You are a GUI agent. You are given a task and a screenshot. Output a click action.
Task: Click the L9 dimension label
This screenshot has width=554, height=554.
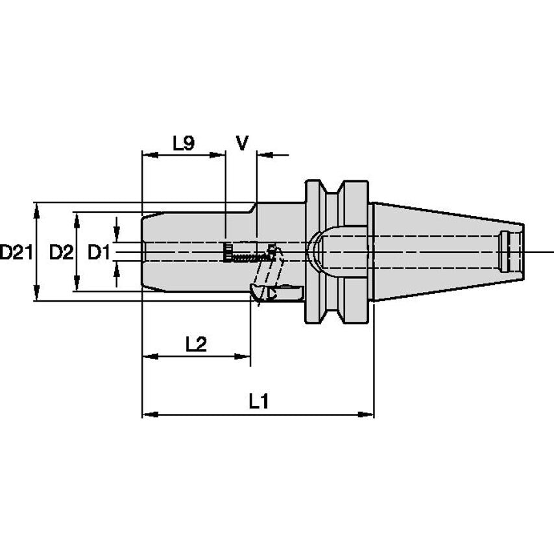click(184, 143)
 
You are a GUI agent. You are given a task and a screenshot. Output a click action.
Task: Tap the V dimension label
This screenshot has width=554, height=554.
click(241, 143)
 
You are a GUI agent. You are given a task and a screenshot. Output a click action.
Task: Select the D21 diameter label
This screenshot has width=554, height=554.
click(15, 252)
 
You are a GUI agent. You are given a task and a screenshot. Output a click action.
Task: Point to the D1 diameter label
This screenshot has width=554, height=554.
click(99, 252)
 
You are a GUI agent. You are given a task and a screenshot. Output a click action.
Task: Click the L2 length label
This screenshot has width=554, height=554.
click(196, 344)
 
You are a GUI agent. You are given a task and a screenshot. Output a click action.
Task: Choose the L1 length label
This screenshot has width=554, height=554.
click(259, 402)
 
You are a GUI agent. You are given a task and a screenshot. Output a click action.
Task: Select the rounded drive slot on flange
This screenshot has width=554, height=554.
click(315, 251)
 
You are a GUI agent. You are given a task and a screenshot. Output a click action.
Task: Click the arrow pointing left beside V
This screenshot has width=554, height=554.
click(263, 155)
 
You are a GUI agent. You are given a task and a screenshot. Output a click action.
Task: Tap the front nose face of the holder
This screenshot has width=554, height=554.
click(143, 252)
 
